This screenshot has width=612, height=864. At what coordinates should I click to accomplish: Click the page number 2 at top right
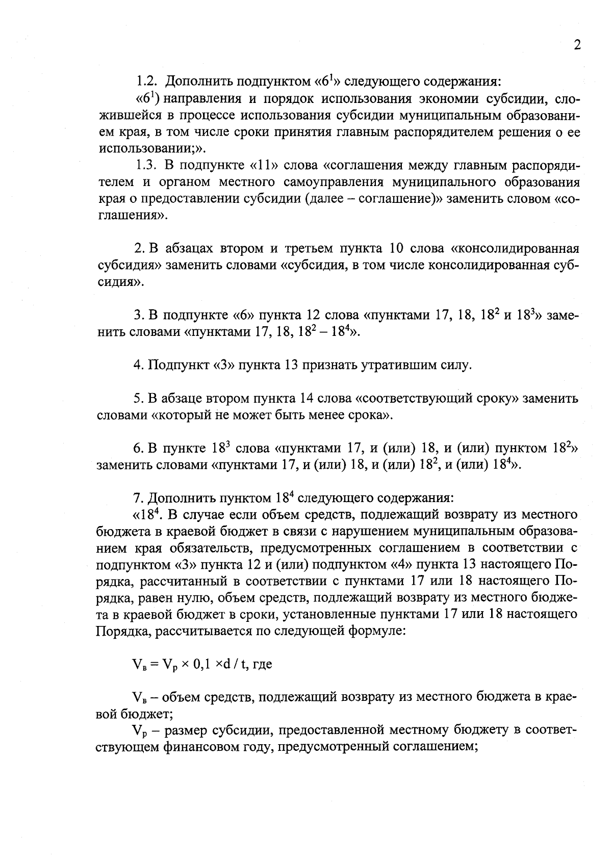(x=577, y=45)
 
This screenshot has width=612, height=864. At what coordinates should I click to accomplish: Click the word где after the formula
(x=262, y=665)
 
